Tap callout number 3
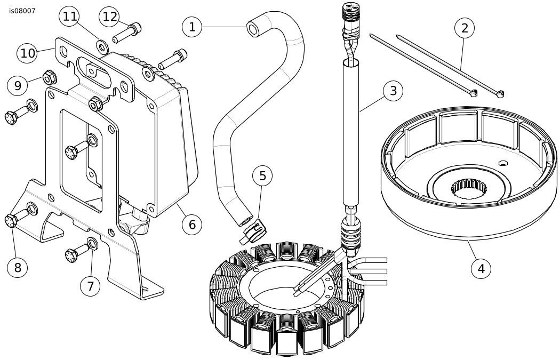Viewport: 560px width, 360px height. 393,91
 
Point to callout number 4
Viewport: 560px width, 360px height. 482,268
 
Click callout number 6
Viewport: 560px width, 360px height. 192,224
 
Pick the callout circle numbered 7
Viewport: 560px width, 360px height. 90,286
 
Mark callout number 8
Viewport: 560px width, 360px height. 18,267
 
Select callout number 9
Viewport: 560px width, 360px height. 18,85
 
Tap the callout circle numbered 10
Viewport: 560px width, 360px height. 28,53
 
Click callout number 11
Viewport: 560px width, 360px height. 70,17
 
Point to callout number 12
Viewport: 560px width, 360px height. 109,17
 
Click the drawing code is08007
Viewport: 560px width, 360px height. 22,10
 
